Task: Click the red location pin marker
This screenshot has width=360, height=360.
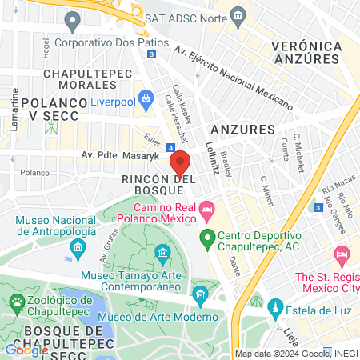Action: (180, 164)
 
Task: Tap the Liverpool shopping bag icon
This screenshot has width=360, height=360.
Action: (146, 99)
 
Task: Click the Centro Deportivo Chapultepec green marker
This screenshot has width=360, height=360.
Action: (207, 237)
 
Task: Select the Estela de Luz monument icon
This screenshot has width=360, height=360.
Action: (274, 307)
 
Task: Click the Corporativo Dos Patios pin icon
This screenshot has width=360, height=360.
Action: (73, 20)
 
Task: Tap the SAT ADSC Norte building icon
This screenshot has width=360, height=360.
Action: (237, 16)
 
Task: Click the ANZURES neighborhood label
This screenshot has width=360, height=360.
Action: (242, 129)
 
